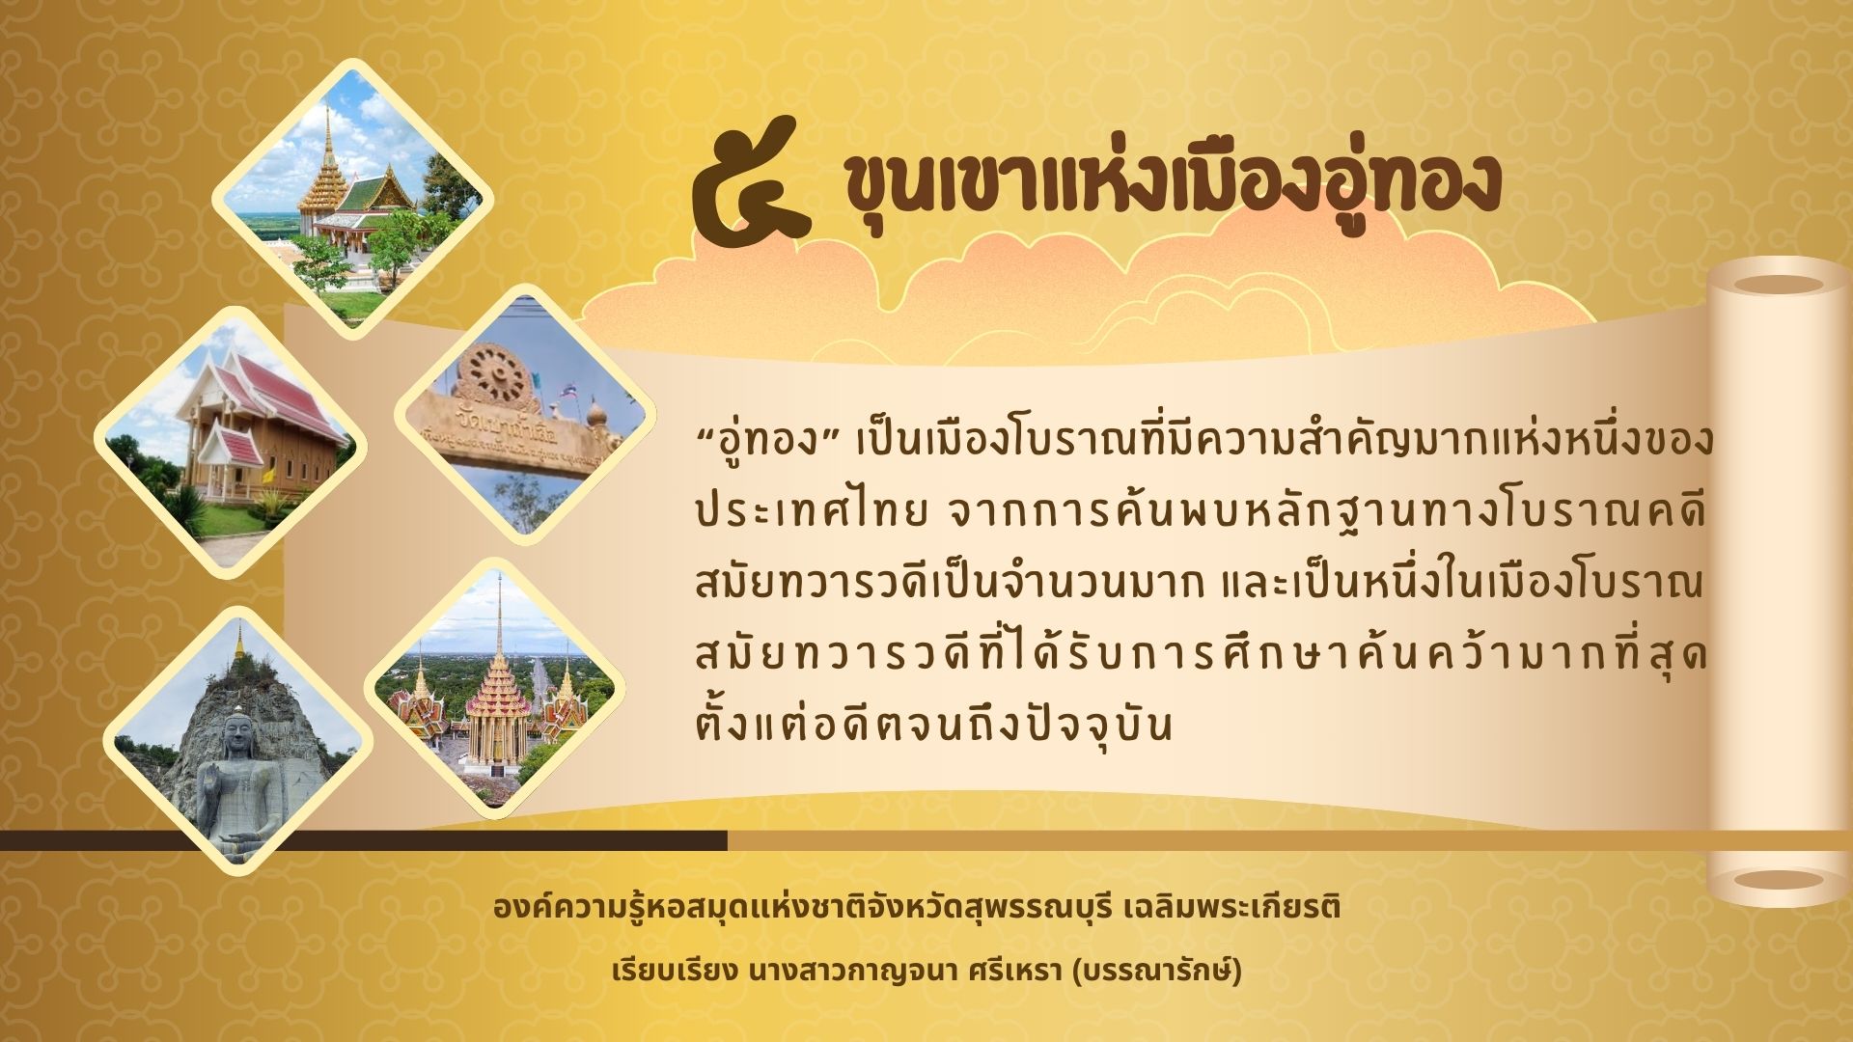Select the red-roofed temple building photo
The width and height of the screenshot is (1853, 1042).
[230, 441]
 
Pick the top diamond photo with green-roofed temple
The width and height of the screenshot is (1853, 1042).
[352, 198]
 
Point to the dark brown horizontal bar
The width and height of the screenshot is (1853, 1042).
[364, 840]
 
